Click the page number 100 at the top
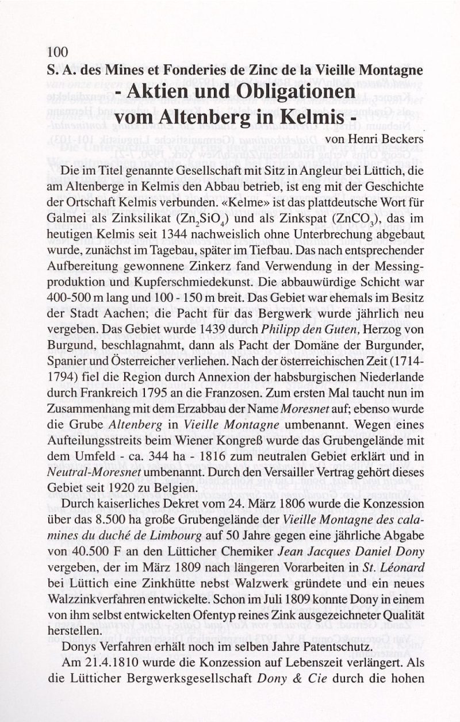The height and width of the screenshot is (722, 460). (57, 52)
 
